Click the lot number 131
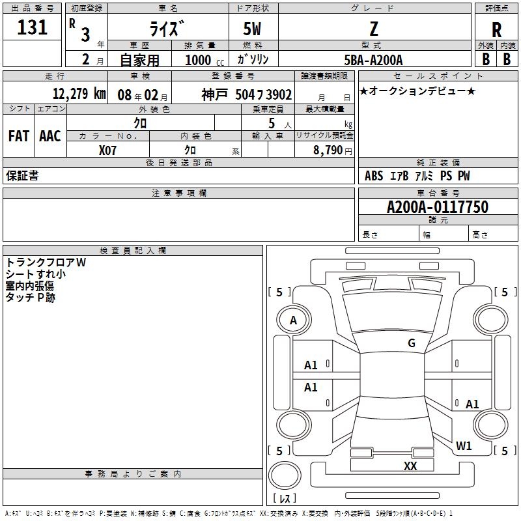click(32, 27)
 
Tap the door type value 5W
click(252, 29)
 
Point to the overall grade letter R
click(496, 30)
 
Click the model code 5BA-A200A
click(373, 60)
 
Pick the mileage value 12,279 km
click(79, 93)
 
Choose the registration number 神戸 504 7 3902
click(247, 94)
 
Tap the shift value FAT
click(19, 136)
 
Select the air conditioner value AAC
click(50, 136)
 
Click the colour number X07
click(107, 150)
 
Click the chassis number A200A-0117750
click(438, 207)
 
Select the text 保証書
click(22, 175)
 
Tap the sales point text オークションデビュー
click(417, 91)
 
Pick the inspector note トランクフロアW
click(46, 262)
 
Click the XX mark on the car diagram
click(410, 466)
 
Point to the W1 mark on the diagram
click(464, 445)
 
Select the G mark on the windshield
click(412, 343)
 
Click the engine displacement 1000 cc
click(204, 60)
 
